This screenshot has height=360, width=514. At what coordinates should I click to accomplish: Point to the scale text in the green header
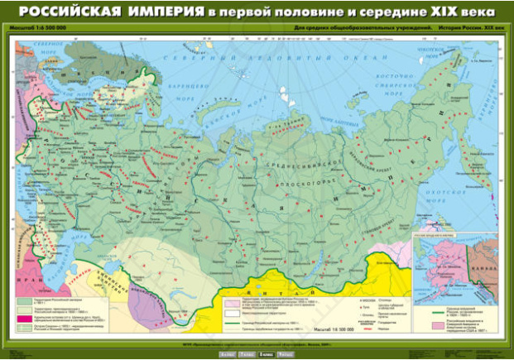coord(41,29)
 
